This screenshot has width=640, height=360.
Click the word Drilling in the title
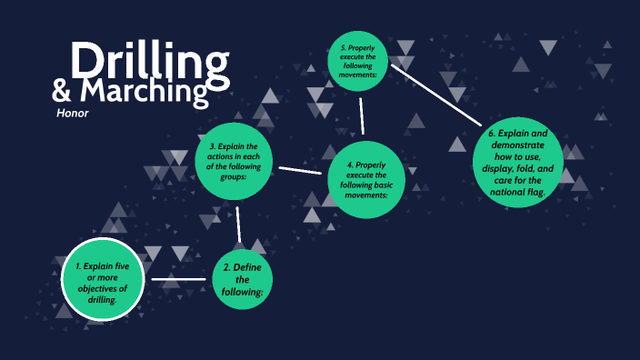coord(150,61)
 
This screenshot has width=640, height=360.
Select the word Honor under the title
coord(72,114)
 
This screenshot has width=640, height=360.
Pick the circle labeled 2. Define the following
coord(242,279)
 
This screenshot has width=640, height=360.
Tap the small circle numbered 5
coord(359,60)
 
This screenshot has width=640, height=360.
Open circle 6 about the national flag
coord(519,163)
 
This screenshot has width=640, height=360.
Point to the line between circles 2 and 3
coord(238,224)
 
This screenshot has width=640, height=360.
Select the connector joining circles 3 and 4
coord(302,170)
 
